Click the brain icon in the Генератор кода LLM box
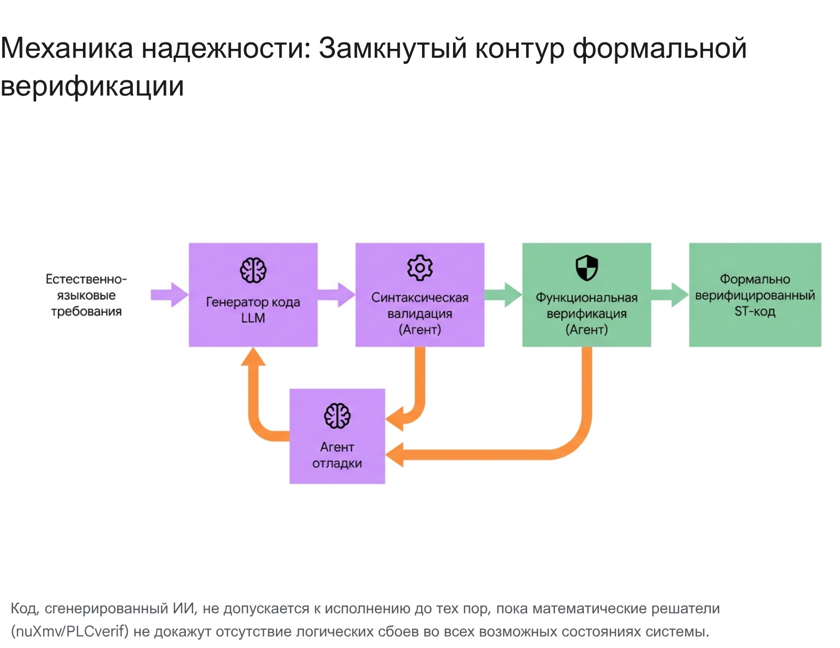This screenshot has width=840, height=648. pyautogui.click(x=253, y=270)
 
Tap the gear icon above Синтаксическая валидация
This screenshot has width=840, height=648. pyautogui.click(x=420, y=268)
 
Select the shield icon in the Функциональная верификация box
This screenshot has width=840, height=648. pyautogui.click(x=586, y=268)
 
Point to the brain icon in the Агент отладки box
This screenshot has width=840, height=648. pyautogui.click(x=337, y=415)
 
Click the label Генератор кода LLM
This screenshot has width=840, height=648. pyautogui.click(x=253, y=310)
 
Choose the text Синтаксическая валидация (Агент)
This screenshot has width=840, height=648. pyautogui.click(x=420, y=313)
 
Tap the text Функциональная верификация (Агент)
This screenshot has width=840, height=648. pyautogui.click(x=586, y=313)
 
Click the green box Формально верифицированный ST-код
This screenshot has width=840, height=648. pyautogui.click(x=755, y=295)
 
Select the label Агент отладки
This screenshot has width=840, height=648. pyautogui.click(x=337, y=455)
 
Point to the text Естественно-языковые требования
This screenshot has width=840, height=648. pyautogui.click(x=86, y=295)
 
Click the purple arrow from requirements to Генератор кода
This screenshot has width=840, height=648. pyautogui.click(x=170, y=295)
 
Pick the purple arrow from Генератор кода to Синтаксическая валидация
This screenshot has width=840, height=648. pyautogui.click(x=337, y=295)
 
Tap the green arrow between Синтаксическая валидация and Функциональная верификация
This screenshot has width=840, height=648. pyautogui.click(x=503, y=295)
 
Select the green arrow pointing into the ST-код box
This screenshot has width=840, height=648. pyautogui.click(x=670, y=295)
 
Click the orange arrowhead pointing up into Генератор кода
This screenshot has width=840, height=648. pyautogui.click(x=253, y=356)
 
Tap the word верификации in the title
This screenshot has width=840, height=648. pyautogui.click(x=92, y=86)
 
